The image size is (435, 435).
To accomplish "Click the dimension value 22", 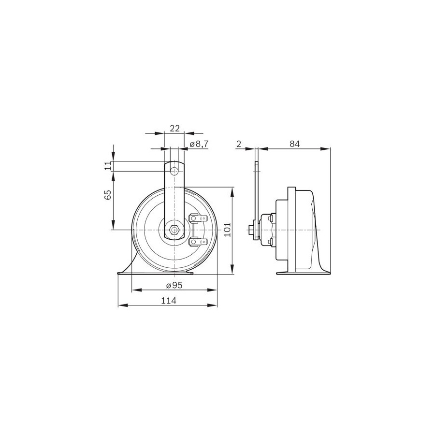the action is point(175,128).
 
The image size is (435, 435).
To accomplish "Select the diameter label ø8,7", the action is point(199,144).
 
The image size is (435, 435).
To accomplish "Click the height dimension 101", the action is point(228,229).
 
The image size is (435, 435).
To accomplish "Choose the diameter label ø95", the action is point(174,285).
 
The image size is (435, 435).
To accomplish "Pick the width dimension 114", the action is point(169,301).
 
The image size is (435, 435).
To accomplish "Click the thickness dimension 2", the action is point(239,144).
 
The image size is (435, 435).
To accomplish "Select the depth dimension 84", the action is point(295,144).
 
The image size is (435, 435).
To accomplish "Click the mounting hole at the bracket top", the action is point(174,171).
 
